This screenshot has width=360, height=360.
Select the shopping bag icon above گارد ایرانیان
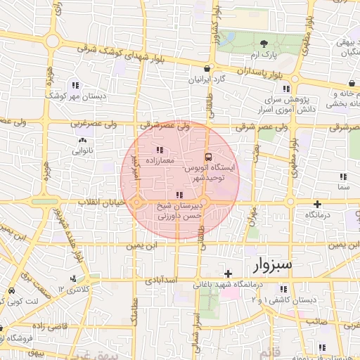[x=206, y=68]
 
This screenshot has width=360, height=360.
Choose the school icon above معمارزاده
[x=159, y=149]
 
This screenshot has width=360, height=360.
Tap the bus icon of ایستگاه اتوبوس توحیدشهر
[x=208, y=157]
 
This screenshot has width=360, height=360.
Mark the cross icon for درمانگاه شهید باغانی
[x=227, y=273]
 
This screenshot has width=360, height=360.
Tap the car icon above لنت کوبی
[x=12, y=290]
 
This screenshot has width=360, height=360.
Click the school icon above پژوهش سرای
[x=285, y=89]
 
